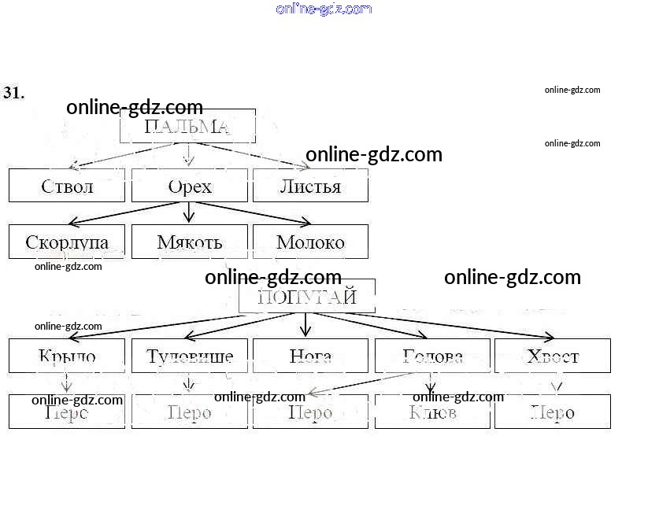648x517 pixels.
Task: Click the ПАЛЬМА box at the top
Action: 187,127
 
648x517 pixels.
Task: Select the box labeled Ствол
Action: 67,186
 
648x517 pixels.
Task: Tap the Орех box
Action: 190,186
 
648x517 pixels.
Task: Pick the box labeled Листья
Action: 310,186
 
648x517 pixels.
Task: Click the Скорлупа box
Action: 67,242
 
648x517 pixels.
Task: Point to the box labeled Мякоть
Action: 190,242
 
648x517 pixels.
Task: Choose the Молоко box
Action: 310,242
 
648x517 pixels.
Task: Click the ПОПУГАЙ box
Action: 307,297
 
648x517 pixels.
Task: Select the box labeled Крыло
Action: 67,356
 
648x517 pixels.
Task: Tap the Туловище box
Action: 190,356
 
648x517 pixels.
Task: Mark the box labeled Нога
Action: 310,356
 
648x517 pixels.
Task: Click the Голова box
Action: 432,356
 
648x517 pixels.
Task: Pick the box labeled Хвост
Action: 553,356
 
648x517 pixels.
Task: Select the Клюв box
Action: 432,412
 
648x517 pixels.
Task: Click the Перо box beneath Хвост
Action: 553,412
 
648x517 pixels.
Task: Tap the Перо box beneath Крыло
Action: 67,412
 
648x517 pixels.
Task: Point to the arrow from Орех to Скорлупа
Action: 126,213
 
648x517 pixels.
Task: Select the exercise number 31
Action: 13,93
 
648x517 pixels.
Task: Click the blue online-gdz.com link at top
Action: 324,9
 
